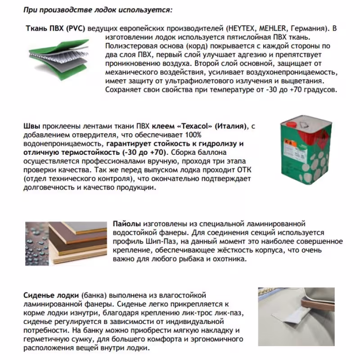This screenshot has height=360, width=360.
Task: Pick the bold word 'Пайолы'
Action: pos(128,224)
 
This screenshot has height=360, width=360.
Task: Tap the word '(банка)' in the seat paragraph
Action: pos(93,295)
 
